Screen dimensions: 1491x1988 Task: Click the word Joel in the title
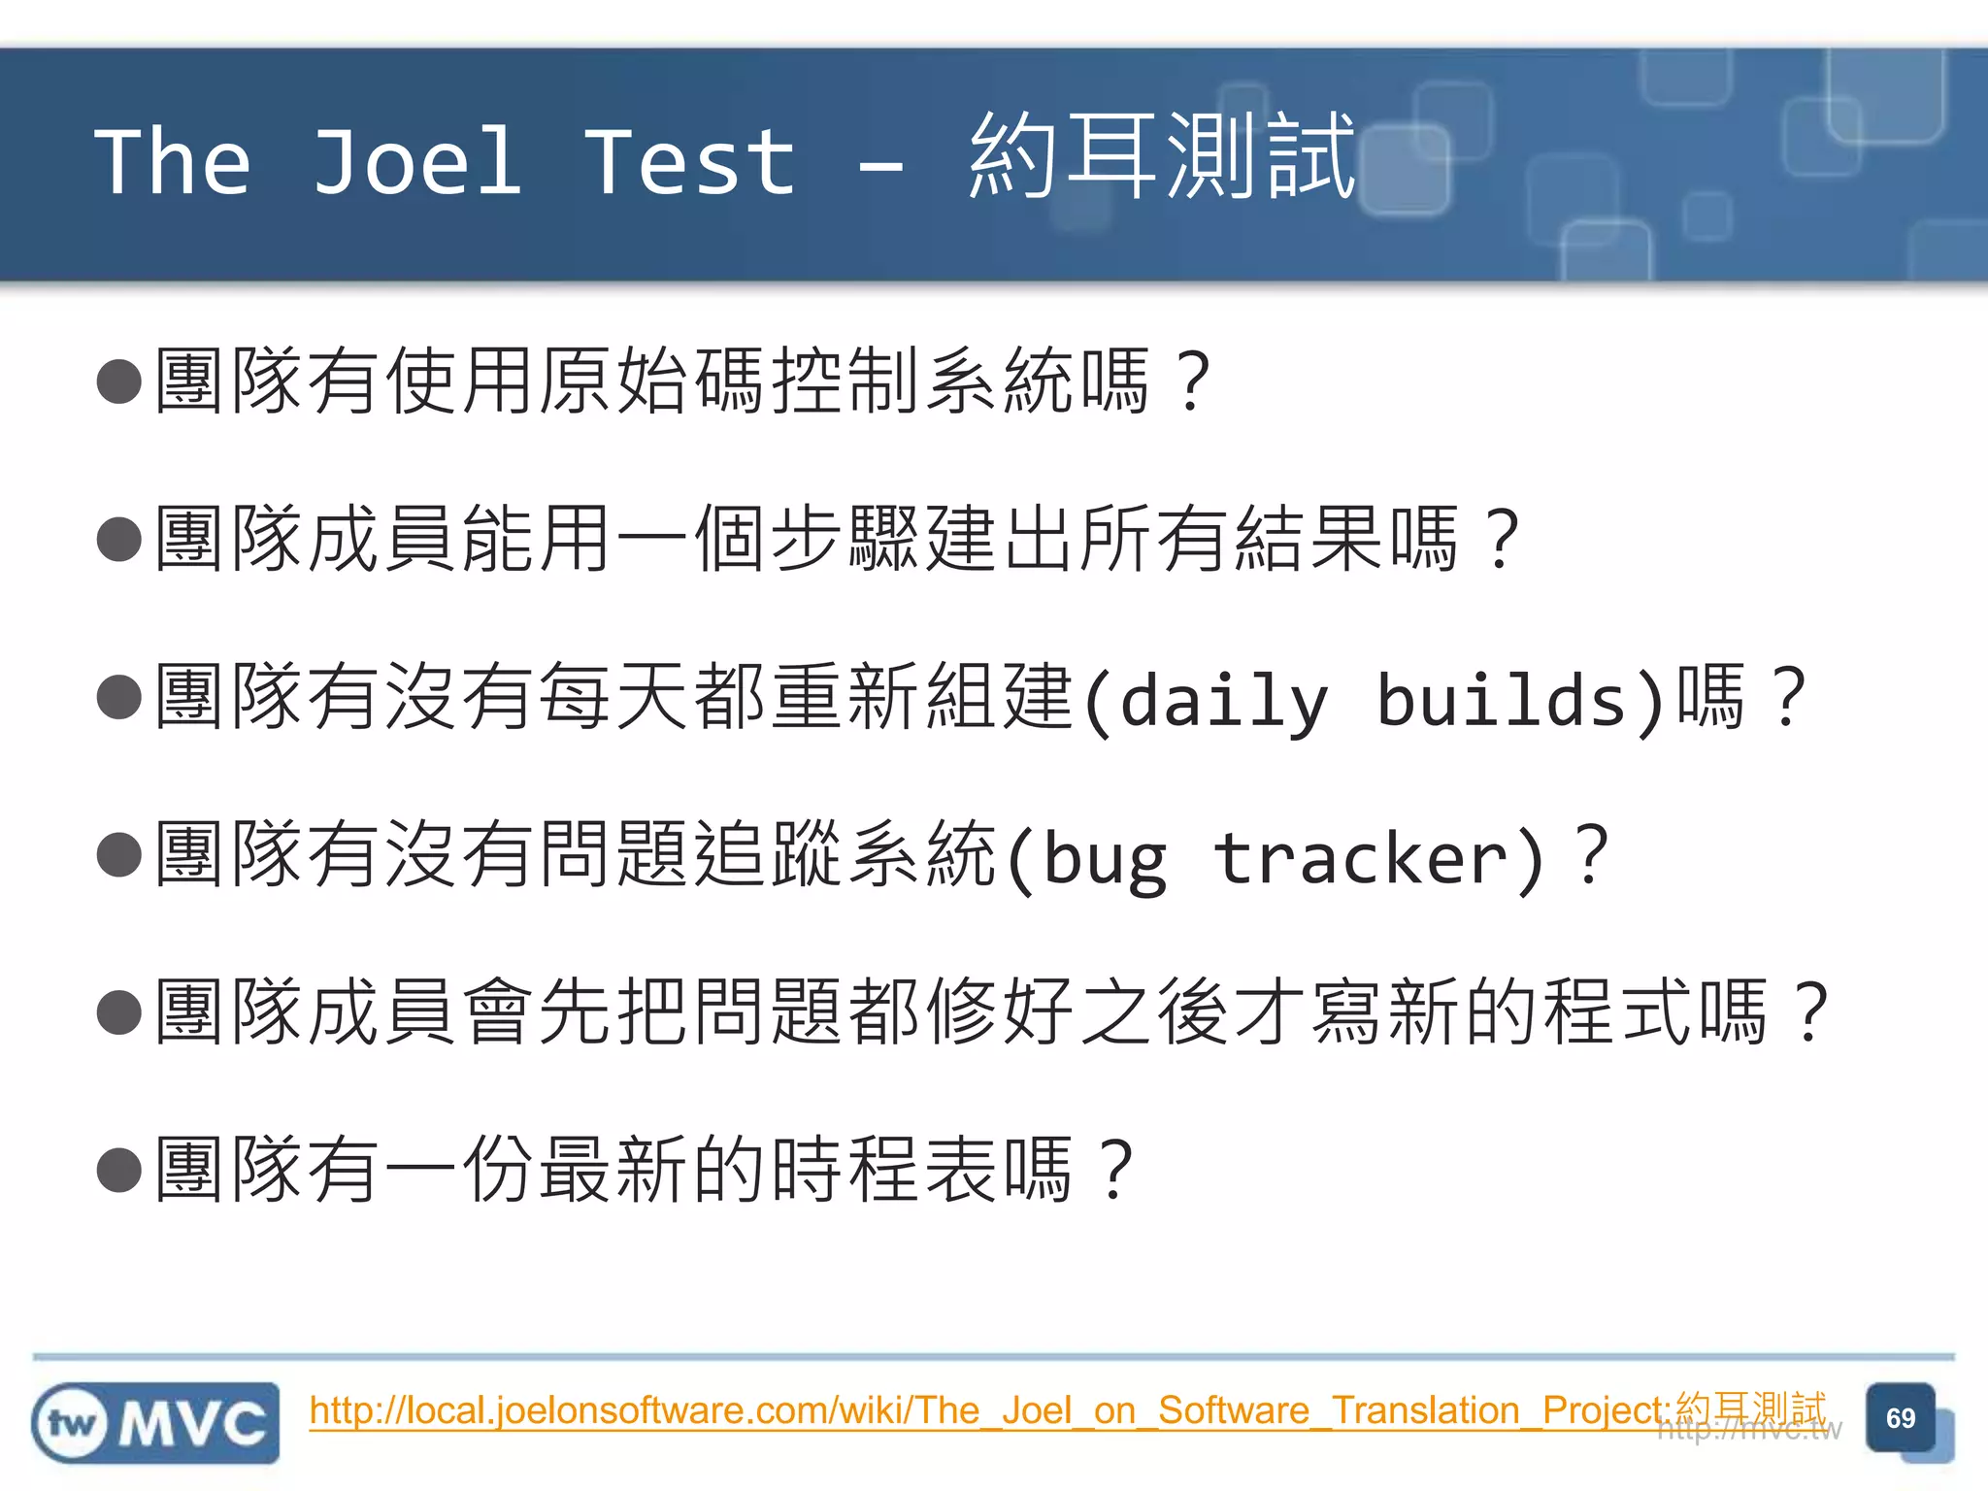417,163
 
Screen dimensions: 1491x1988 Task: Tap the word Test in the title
690,163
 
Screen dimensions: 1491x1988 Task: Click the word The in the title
173,163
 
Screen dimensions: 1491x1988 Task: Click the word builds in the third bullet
1502,699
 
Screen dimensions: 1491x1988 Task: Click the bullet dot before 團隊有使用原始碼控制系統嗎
120,381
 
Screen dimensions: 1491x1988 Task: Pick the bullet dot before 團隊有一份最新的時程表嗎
120,1170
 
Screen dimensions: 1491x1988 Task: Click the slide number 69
1900,1418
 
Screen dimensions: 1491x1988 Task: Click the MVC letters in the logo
193,1424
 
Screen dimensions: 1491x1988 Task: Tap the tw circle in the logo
71,1424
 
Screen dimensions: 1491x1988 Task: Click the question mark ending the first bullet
1192,381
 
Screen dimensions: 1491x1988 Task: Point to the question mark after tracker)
1591,856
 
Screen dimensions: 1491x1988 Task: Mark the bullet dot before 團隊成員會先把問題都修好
120,1012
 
